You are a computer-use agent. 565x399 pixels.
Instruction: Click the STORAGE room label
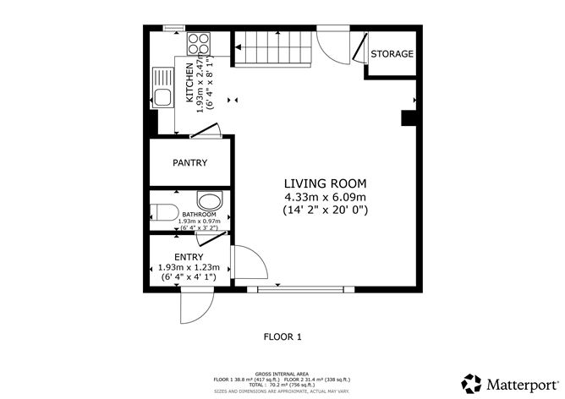pyautogui.click(x=392, y=54)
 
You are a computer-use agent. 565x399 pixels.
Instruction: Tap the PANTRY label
pyautogui.click(x=189, y=162)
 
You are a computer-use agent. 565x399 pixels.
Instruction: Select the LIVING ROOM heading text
pyautogui.click(x=326, y=183)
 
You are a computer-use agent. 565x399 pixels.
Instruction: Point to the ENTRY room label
pyautogui.click(x=189, y=257)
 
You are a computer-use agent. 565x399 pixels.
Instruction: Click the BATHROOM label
pyautogui.click(x=199, y=215)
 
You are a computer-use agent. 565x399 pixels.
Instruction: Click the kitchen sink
pyautogui.click(x=162, y=87)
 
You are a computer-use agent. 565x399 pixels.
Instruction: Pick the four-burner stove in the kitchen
pyautogui.click(x=199, y=42)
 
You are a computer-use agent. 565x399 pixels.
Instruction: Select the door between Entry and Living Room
pyautogui.click(x=250, y=265)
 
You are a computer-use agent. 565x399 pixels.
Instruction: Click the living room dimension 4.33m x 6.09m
pyautogui.click(x=326, y=197)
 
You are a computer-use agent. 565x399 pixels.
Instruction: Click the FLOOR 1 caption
pyautogui.click(x=282, y=336)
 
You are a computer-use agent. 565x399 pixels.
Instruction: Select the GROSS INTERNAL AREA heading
pyautogui.click(x=282, y=372)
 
